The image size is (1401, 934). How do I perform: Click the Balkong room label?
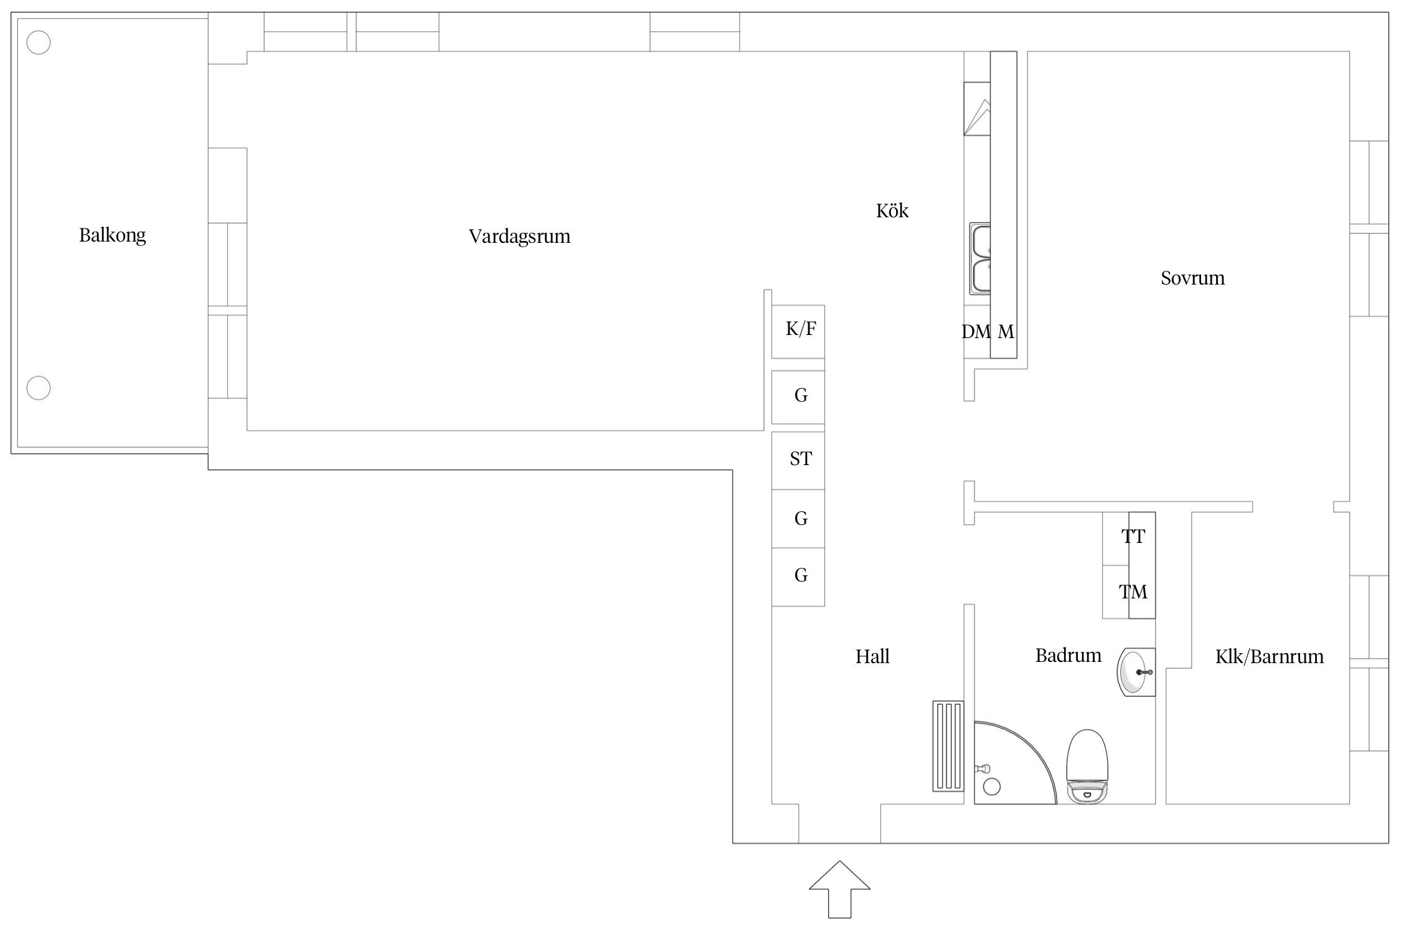pyautogui.click(x=113, y=235)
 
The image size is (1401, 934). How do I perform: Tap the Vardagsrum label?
pyautogui.click(x=519, y=237)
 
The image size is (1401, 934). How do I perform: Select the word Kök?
pyautogui.click(x=892, y=210)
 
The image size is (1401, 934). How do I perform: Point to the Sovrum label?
pyautogui.click(x=1192, y=278)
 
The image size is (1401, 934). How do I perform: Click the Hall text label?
pyautogui.click(x=872, y=656)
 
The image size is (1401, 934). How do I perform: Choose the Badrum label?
pyautogui.click(x=1068, y=655)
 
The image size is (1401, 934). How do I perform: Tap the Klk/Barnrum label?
pyautogui.click(x=1270, y=656)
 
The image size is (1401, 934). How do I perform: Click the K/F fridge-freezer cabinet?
pyautogui.click(x=798, y=331)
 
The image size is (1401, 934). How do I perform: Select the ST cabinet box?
pyautogui.click(x=798, y=461)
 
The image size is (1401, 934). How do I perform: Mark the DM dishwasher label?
pyautogui.click(x=976, y=332)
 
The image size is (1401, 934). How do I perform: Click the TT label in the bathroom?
pyautogui.click(x=1133, y=536)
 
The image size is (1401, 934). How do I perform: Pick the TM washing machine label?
pyautogui.click(x=1133, y=592)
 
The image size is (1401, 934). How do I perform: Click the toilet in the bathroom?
pyautogui.click(x=1088, y=767)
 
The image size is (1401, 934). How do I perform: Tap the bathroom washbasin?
pyautogui.click(x=1137, y=672)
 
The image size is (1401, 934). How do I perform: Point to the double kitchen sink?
pyautogui.click(x=980, y=258)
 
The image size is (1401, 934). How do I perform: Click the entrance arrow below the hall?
pyautogui.click(x=839, y=889)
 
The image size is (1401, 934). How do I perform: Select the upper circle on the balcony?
pyautogui.click(x=39, y=43)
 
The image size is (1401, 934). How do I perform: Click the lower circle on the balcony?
pyautogui.click(x=39, y=388)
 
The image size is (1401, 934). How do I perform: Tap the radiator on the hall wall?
pyautogui.click(x=948, y=746)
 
